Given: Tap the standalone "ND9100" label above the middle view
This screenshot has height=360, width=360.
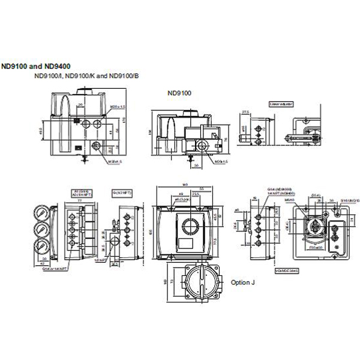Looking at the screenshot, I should (x=179, y=93).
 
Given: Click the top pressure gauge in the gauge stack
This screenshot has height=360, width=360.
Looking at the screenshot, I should (x=42, y=213).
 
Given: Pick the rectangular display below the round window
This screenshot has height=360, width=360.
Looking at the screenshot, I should (x=190, y=244).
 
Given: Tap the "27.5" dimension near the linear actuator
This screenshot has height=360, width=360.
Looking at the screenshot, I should (x=245, y=112).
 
